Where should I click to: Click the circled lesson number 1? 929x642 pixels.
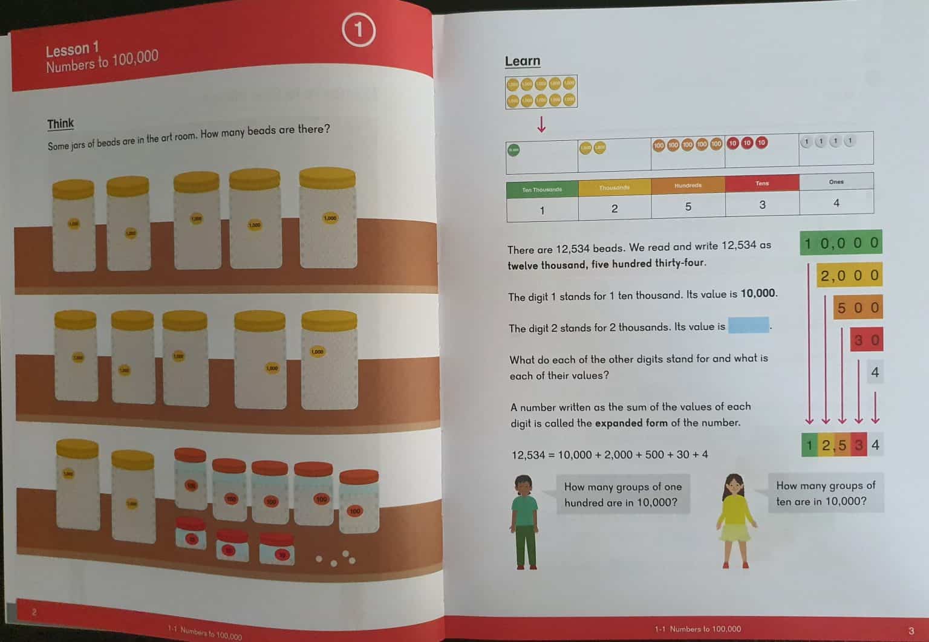click(359, 30)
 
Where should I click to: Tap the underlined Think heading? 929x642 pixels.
click(60, 124)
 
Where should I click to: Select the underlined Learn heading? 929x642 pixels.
click(523, 61)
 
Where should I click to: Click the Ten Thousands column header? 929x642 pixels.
click(542, 189)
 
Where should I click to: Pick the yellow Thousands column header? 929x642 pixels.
click(614, 187)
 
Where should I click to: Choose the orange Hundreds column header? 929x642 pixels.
click(688, 186)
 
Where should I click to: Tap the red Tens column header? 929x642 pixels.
click(762, 183)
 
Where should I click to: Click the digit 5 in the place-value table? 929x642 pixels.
click(688, 207)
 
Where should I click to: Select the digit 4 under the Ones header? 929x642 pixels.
click(836, 203)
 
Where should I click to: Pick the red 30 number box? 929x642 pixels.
click(866, 340)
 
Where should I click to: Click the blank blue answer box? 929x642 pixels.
click(749, 326)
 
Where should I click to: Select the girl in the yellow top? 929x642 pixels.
click(735, 520)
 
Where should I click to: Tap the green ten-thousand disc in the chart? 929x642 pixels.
click(513, 150)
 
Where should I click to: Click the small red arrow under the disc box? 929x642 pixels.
click(541, 124)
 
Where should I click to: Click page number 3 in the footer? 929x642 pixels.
click(911, 631)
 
